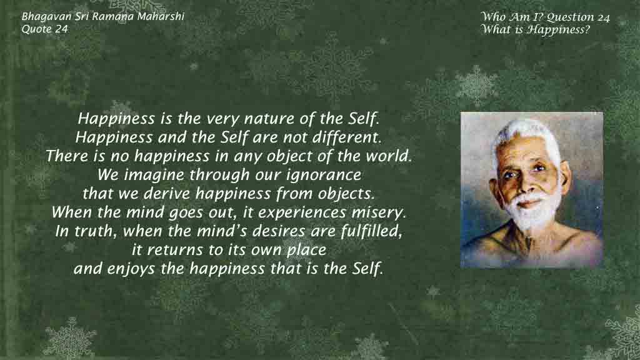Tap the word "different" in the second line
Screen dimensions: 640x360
[346, 137]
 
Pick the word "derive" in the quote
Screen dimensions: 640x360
[167, 194]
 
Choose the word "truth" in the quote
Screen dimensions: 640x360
[92, 231]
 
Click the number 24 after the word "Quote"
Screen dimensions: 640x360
[61, 29]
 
